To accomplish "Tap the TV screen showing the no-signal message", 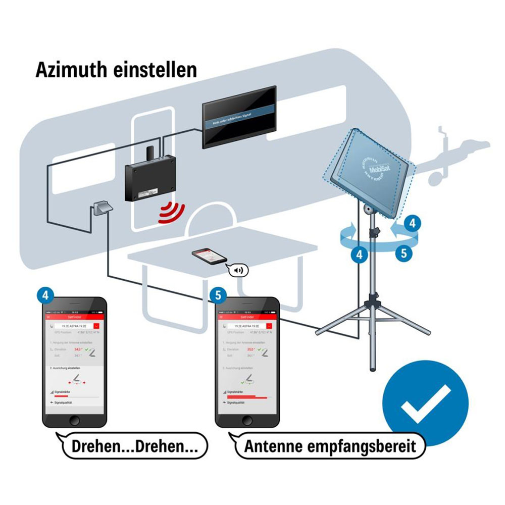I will tap(239, 117).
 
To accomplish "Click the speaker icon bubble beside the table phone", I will tap(239, 270).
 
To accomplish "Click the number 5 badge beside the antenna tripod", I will tap(402, 252).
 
